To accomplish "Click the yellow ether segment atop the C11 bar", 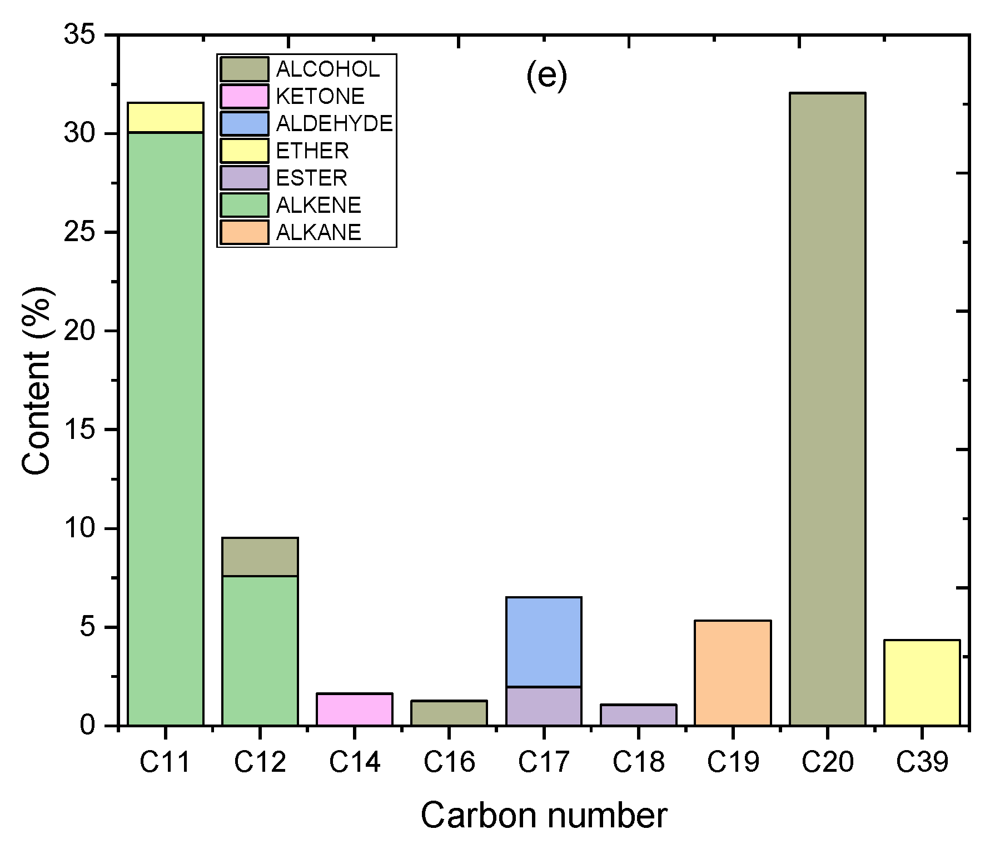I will (166, 118).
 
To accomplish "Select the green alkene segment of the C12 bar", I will (260, 650).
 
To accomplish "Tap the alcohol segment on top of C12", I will (260, 557).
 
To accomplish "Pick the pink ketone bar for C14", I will (355, 710).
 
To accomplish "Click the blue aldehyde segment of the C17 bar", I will (544, 642).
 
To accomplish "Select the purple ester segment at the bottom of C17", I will (544, 706).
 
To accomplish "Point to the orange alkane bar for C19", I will (733, 673).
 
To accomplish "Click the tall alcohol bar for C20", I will (827, 409).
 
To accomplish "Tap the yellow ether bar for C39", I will (922, 683).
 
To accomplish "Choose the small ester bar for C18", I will (638, 715).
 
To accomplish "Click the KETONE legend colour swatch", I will (245, 96).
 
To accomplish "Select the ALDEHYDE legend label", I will (334, 123).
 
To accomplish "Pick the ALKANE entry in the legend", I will (319, 232).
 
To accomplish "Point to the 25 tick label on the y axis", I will (81, 232).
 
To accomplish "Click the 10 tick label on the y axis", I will (81, 528).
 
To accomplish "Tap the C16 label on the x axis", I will (449, 762).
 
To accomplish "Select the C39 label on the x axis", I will (922, 762).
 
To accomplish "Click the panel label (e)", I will (546, 76).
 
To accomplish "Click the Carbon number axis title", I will (544, 816).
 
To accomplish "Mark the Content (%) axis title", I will (38, 381).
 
